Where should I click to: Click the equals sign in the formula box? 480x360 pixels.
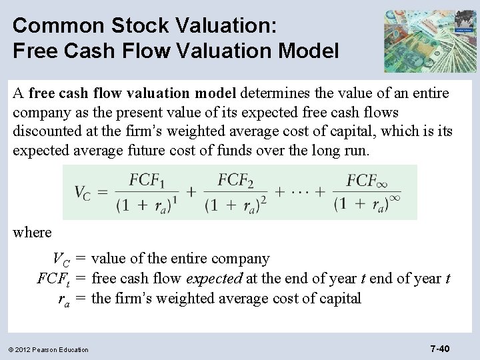pos(103,193)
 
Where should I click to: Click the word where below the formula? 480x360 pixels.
pos(32,233)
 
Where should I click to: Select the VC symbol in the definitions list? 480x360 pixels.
pos(61,259)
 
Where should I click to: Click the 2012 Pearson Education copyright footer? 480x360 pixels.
pos(49,349)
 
